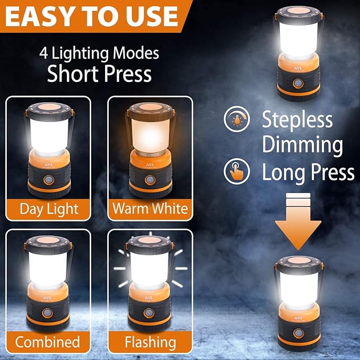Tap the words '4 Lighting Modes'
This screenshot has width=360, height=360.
coord(99,53)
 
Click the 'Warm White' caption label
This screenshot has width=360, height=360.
coord(150,208)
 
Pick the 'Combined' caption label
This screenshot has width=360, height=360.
coord(48,341)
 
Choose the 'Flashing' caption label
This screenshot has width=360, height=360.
coord(150,341)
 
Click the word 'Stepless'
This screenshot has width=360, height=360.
coord(297,120)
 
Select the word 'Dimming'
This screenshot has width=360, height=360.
coord(302,145)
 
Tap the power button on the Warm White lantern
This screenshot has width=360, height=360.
coord(149,180)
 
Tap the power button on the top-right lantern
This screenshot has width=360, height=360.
coord(297,83)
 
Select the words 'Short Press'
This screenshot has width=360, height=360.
coord(99,74)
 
